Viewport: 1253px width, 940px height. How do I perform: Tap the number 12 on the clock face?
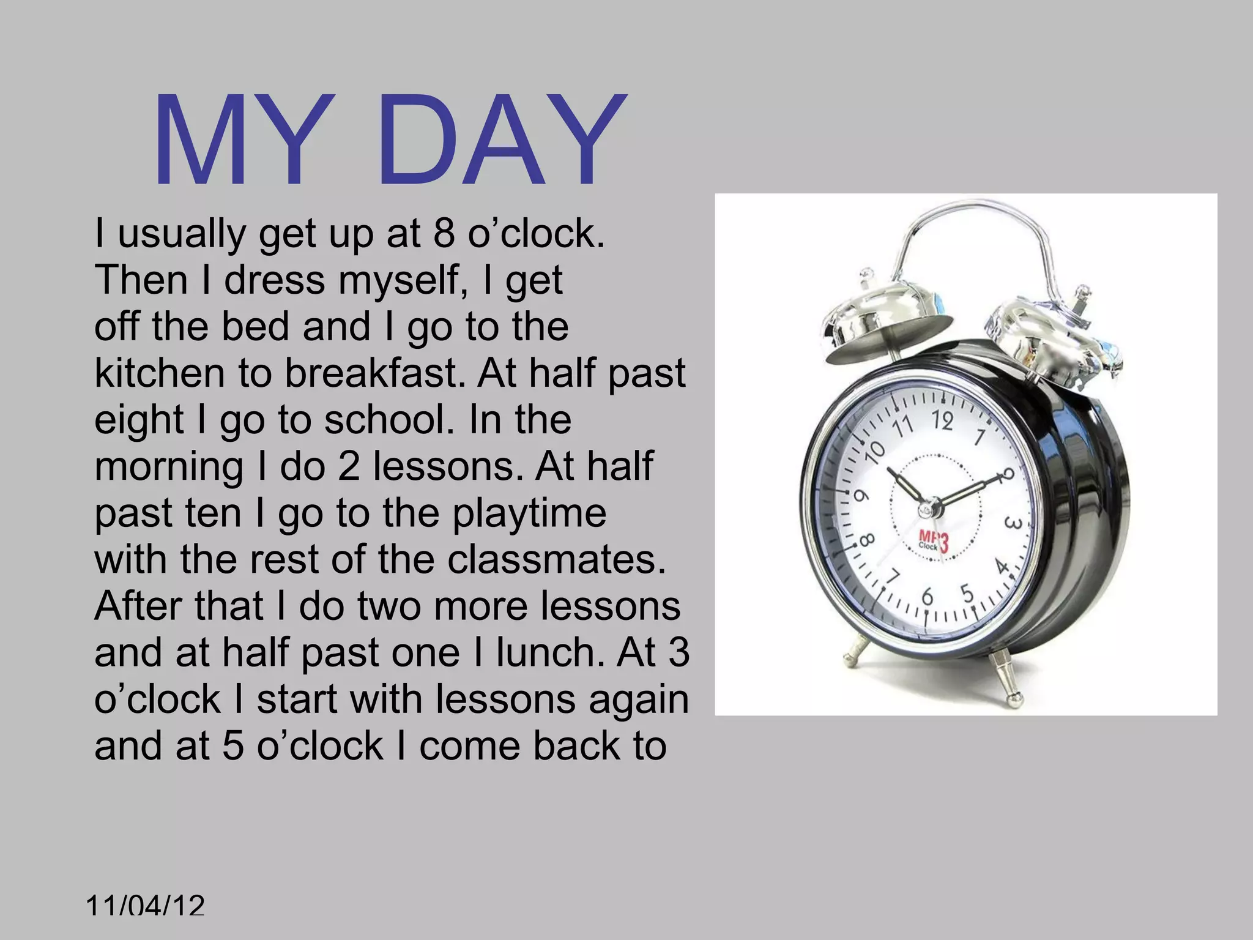[943, 420]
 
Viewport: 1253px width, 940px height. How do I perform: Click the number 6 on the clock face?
[928, 597]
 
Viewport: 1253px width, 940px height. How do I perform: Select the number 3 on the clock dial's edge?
[1013, 525]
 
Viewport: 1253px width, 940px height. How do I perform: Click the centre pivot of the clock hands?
[932, 507]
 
